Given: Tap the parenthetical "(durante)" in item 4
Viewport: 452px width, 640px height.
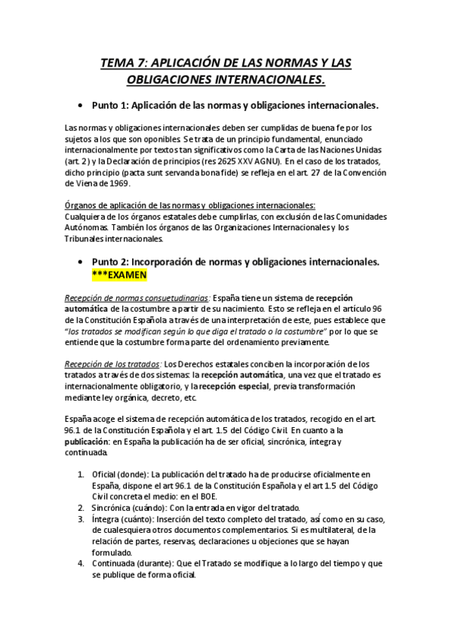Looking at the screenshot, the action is [154, 563].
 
